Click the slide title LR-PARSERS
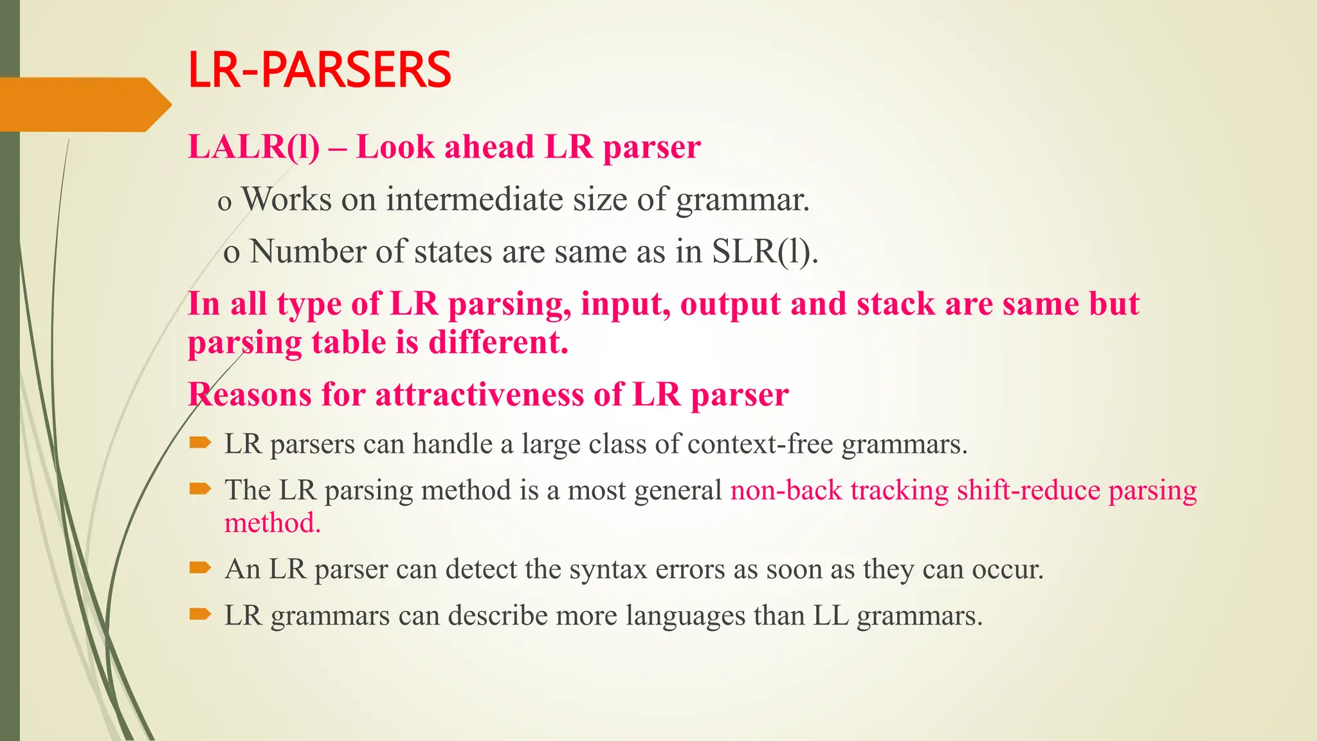tap(320, 70)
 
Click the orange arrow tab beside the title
tap(84, 104)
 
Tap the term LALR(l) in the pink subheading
tap(253, 147)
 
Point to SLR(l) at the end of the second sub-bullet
tap(765, 252)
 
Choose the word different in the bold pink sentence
tap(498, 342)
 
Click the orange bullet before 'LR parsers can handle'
tap(200, 443)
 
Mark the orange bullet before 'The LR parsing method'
tap(200, 489)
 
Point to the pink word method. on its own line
tap(272, 523)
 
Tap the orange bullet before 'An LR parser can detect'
tap(200, 567)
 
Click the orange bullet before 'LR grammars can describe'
tap(200, 614)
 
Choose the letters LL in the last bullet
tap(831, 616)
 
